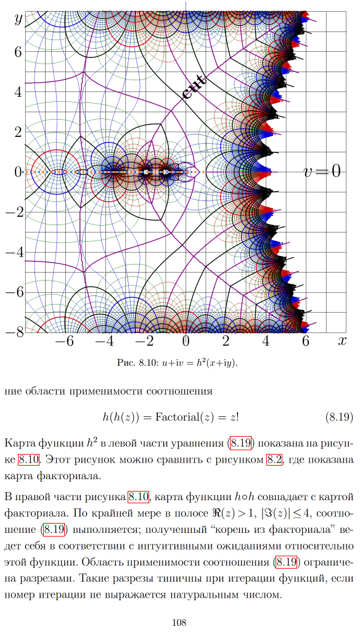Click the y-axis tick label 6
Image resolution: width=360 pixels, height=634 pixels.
point(18,52)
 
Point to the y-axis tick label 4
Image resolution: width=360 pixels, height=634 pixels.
point(18,92)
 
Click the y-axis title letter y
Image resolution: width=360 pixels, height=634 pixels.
point(18,19)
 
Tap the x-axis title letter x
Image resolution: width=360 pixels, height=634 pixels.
point(342,341)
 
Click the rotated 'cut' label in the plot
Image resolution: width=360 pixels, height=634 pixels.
point(194,87)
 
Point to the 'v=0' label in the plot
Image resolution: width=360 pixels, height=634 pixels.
point(322,171)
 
